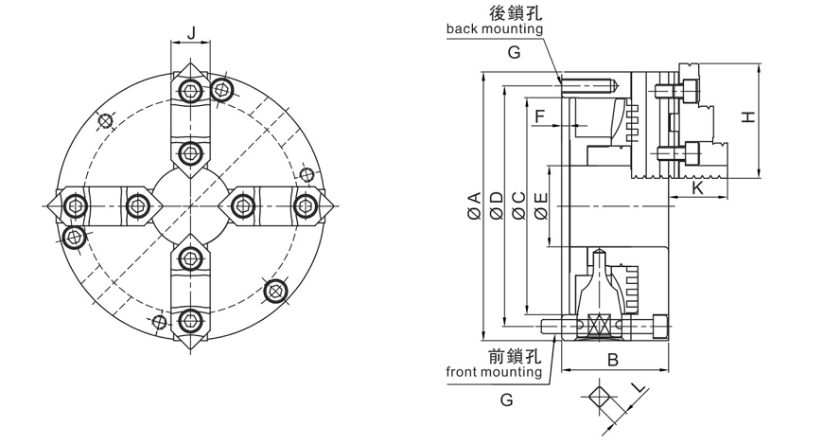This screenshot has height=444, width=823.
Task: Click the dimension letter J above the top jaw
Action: pyautogui.click(x=191, y=34)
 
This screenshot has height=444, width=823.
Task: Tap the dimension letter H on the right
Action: pyautogui.click(x=747, y=117)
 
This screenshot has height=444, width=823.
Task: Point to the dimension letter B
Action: pyautogui.click(x=612, y=361)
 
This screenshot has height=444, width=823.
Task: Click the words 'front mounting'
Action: pyautogui.click(x=494, y=372)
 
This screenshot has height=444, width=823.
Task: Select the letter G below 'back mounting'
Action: pyautogui.click(x=513, y=53)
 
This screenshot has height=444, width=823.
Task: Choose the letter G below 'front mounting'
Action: pyautogui.click(x=507, y=400)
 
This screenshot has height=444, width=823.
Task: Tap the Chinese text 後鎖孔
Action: pyautogui.click(x=514, y=12)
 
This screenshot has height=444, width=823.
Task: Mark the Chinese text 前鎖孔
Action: pyautogui.click(x=514, y=356)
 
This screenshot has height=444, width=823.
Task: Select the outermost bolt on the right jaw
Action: pyautogui.click(x=306, y=205)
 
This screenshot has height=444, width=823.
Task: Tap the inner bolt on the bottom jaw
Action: pyautogui.click(x=190, y=258)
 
